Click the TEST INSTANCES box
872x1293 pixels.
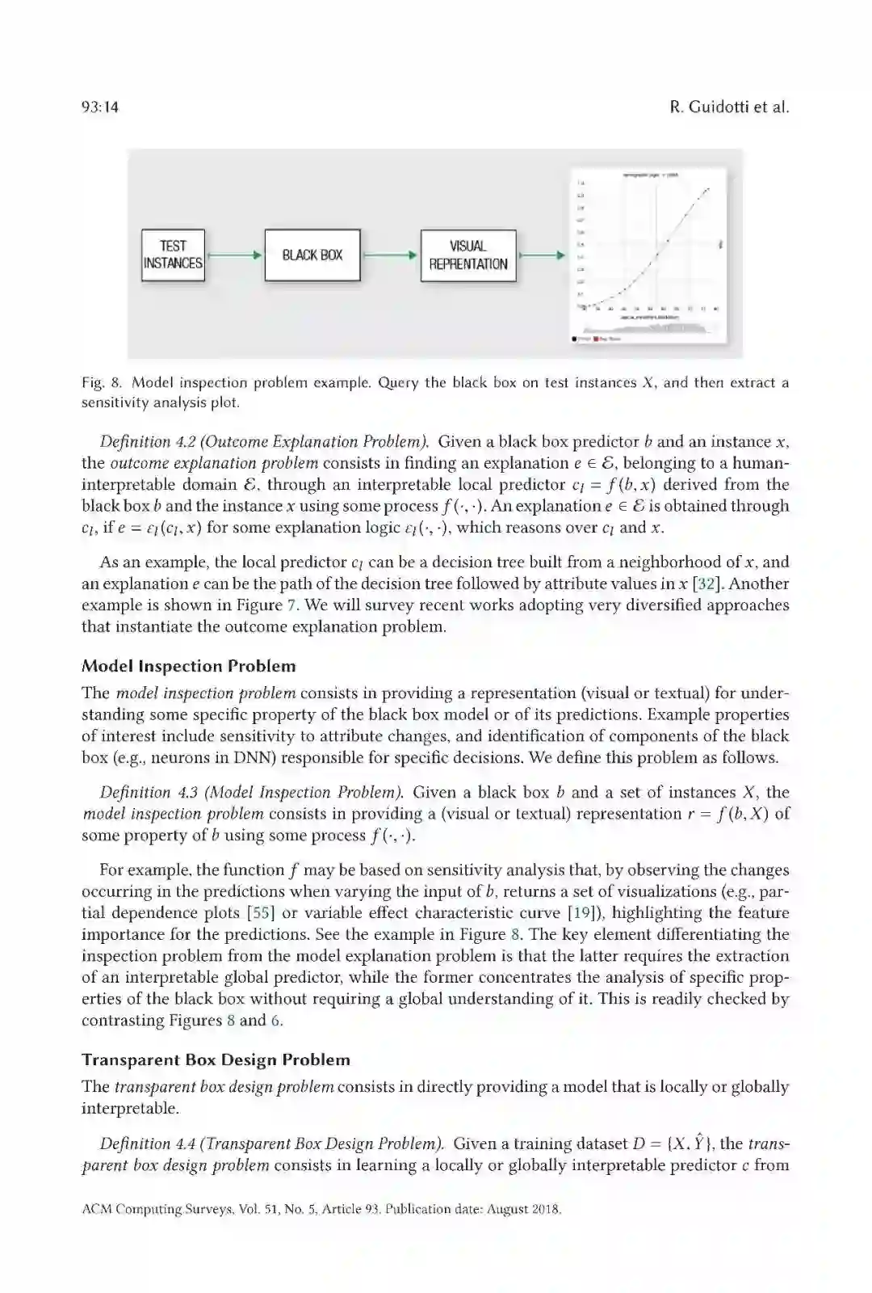pyautogui.click(x=173, y=255)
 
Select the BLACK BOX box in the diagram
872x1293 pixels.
pyautogui.click(x=312, y=255)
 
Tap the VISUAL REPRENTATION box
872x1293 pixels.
pyautogui.click(x=468, y=255)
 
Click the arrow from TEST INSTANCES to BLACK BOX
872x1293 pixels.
pyautogui.click(x=234, y=255)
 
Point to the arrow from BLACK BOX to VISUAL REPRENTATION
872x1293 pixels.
pyautogui.click(x=390, y=255)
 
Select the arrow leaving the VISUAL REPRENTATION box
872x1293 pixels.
pyautogui.click(x=540, y=255)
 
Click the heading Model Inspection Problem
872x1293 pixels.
pyautogui.click(x=188, y=667)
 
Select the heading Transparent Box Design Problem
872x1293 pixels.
pyautogui.click(x=216, y=1060)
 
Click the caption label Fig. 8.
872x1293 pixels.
pyautogui.click(x=101, y=383)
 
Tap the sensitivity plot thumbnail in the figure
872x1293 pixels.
pyautogui.click(x=648, y=255)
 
